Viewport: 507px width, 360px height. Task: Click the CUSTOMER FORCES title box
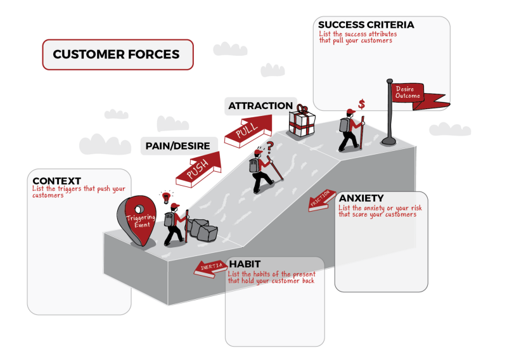[118, 55]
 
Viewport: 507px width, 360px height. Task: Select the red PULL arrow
[248, 131]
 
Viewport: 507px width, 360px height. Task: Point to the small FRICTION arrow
[322, 200]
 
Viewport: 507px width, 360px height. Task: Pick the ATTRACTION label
[260, 106]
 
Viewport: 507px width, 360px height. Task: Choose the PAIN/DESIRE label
[178, 146]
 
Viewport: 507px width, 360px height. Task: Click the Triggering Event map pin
[137, 220]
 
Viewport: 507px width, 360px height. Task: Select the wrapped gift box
[302, 121]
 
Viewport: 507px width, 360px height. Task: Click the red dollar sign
[361, 104]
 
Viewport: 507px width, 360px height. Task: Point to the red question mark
[271, 146]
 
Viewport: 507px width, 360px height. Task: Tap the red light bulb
[166, 197]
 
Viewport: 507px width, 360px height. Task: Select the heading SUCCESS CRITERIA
[366, 25]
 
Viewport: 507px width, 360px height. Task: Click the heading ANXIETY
[361, 198]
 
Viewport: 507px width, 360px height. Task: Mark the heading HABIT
[245, 264]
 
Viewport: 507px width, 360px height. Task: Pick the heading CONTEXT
[56, 181]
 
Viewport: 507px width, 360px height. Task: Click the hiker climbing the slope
[262, 171]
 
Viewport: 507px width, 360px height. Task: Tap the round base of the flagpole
[389, 141]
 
